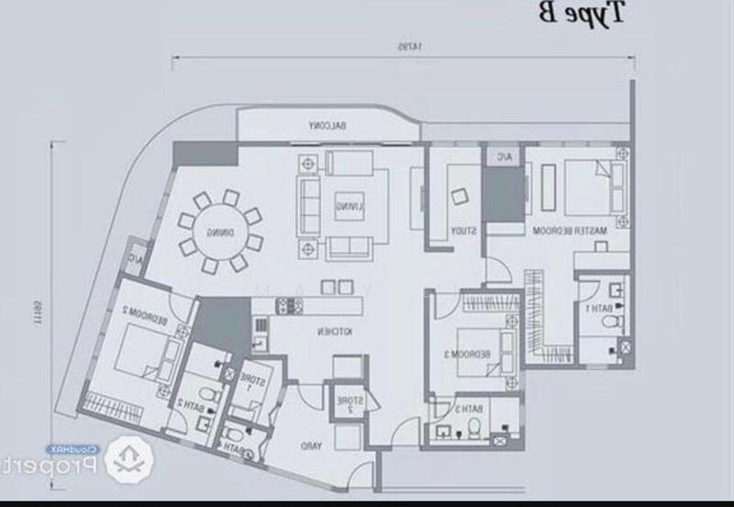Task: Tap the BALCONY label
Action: (x=327, y=126)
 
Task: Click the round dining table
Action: (x=219, y=231)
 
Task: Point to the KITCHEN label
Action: (x=331, y=330)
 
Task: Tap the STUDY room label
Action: (x=462, y=231)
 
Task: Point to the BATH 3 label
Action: (x=468, y=408)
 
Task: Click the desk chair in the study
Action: (x=458, y=194)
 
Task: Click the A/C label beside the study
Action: (x=503, y=157)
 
